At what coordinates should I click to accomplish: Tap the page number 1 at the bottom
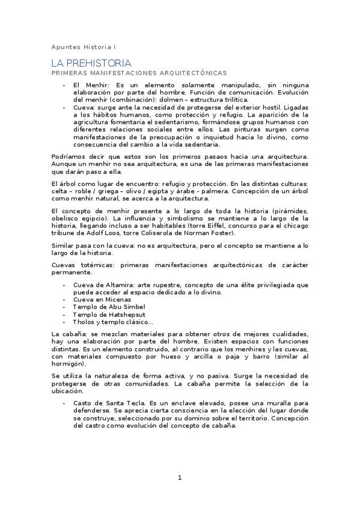179,478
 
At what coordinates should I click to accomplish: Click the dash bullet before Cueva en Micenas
64,299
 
